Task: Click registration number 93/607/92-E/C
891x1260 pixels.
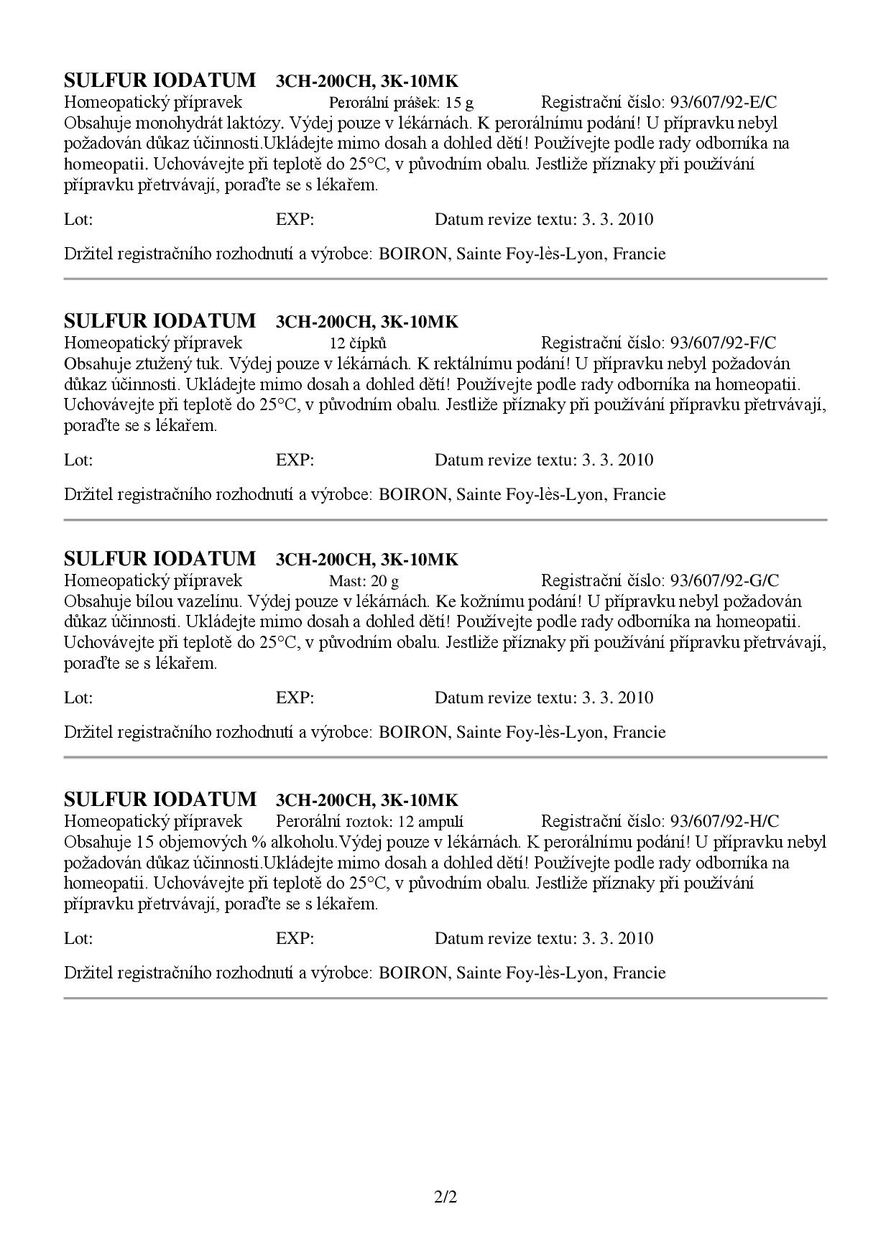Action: pyautogui.click(x=724, y=102)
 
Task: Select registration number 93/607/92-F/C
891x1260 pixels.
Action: pyautogui.click(x=723, y=343)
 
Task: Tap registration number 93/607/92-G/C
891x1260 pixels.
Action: pyautogui.click(x=724, y=580)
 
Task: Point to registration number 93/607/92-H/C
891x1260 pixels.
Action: pyautogui.click(x=724, y=821)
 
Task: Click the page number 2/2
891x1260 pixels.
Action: pyautogui.click(x=445, y=1198)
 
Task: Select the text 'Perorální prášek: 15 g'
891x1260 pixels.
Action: pyautogui.click(x=401, y=102)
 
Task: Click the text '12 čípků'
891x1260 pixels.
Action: pyautogui.click(x=358, y=343)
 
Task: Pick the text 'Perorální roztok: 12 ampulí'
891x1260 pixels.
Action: pyautogui.click(x=369, y=821)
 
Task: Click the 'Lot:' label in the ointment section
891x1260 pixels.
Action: pyautogui.click(x=78, y=698)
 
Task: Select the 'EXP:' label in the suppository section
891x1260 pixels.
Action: pyautogui.click(x=295, y=460)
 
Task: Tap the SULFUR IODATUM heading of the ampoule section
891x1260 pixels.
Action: pyautogui.click(x=160, y=800)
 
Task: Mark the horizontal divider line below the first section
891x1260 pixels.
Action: pyautogui.click(x=445, y=279)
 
